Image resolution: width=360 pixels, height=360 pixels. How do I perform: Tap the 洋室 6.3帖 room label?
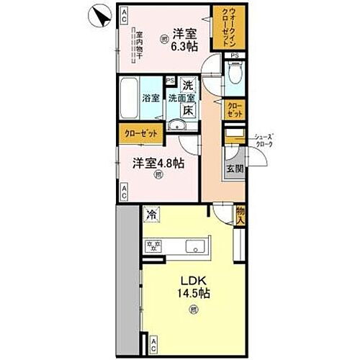tap(184, 40)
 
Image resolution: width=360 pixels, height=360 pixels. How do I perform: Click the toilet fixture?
tap(234, 72)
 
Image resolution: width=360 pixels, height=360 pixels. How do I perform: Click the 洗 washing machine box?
tap(186, 84)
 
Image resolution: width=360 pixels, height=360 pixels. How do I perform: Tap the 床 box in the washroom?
tap(186, 111)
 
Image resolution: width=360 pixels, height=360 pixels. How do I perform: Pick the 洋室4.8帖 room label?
tap(157, 163)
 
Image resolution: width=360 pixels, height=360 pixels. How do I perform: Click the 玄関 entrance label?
tap(235, 168)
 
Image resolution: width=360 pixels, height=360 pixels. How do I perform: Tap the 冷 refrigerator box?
tap(152, 213)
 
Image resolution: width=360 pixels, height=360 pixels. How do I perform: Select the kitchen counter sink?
tap(196, 248)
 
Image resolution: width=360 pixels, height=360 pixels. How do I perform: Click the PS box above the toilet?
tap(234, 55)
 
